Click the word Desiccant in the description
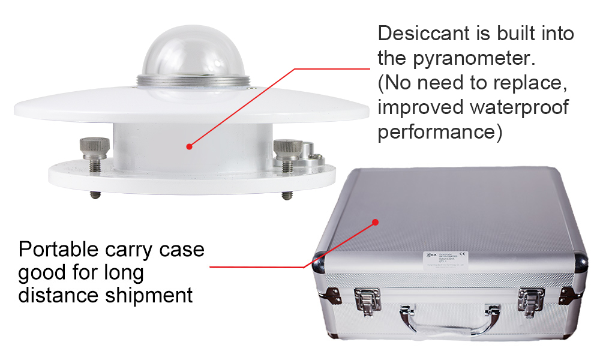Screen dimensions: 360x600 coord(427,34)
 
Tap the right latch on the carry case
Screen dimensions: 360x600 coord(531,300)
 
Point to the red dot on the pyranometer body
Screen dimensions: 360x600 coord(189,146)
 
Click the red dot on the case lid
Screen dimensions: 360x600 coord(376,221)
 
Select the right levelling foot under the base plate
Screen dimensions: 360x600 coord(286,195)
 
